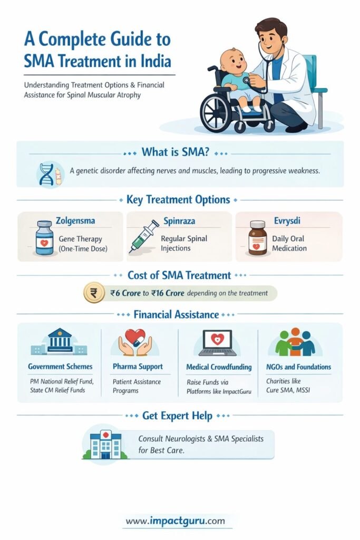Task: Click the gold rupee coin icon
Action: [x=94, y=293]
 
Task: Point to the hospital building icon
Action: [x=106, y=444]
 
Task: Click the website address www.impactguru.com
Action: [x=175, y=521]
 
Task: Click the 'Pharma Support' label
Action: [x=138, y=366]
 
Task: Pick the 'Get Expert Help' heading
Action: [x=177, y=416]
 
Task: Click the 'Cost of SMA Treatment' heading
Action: [x=179, y=275]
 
